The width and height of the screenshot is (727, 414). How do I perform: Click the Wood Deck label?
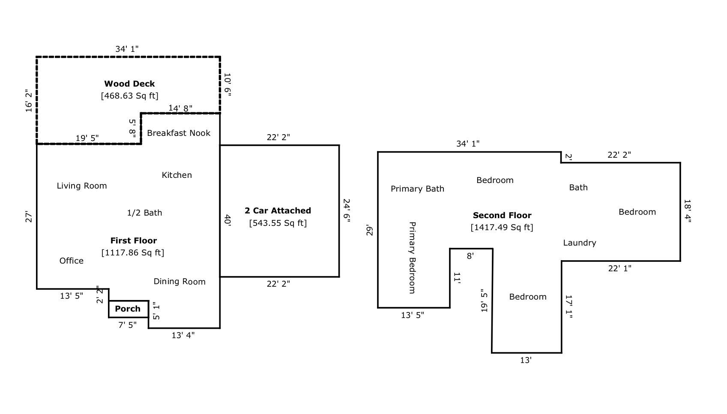pyautogui.click(x=129, y=84)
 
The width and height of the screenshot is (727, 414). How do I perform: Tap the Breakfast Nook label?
pyautogui.click(x=179, y=133)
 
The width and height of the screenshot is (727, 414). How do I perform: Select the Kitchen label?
pyautogui.click(x=177, y=175)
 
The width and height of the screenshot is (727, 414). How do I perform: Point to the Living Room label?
pyautogui.click(x=82, y=186)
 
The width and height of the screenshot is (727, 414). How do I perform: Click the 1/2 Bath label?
pyautogui.click(x=144, y=213)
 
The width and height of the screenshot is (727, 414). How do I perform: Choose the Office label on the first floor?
pyautogui.click(x=72, y=261)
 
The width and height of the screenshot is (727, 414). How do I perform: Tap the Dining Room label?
pyautogui.click(x=180, y=282)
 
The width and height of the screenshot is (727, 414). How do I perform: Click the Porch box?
pyautogui.click(x=128, y=309)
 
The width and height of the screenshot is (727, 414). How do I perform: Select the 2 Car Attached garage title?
pyautogui.click(x=278, y=210)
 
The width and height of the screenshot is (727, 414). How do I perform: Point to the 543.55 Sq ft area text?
pyautogui.click(x=278, y=223)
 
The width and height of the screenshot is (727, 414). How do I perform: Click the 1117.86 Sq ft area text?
pyautogui.click(x=133, y=252)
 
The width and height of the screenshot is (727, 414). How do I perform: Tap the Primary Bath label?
pyautogui.click(x=417, y=189)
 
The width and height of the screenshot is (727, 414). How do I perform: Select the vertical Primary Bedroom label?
pyautogui.click(x=412, y=258)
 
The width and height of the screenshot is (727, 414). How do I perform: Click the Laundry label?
pyautogui.click(x=579, y=243)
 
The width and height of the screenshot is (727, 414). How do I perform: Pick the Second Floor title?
pyautogui.click(x=502, y=215)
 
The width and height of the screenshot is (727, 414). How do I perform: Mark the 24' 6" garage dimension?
pyautogui.click(x=347, y=210)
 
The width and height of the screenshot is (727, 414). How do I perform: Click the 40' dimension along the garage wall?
pyautogui.click(x=227, y=220)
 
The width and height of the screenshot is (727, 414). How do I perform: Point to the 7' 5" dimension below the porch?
pyautogui.click(x=127, y=325)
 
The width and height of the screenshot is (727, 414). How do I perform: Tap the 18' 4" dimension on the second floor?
pyautogui.click(x=688, y=211)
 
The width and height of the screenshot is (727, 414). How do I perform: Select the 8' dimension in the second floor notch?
pyautogui.click(x=470, y=256)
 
